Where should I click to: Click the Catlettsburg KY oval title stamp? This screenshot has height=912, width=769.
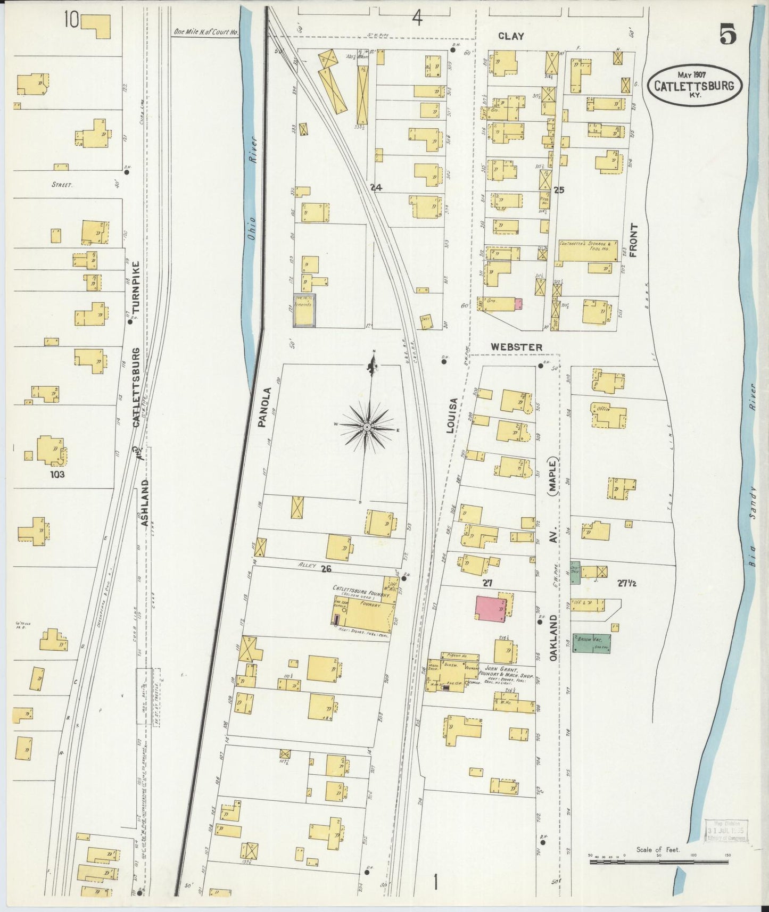694,85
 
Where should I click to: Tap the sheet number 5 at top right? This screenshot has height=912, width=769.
727,35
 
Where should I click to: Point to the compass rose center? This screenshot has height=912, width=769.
368,428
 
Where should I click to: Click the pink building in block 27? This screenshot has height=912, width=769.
491,608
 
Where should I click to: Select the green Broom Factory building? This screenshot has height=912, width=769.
591,643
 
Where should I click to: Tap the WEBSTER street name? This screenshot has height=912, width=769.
516,347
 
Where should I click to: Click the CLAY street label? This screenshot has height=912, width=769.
511,36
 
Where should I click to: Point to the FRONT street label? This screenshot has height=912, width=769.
633,240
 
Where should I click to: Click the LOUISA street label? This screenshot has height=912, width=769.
451,415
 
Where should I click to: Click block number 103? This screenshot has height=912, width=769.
57,474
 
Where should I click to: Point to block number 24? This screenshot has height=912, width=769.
377,187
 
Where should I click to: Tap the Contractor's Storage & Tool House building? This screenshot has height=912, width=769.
588,250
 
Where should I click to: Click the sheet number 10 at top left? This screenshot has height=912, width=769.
71,20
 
